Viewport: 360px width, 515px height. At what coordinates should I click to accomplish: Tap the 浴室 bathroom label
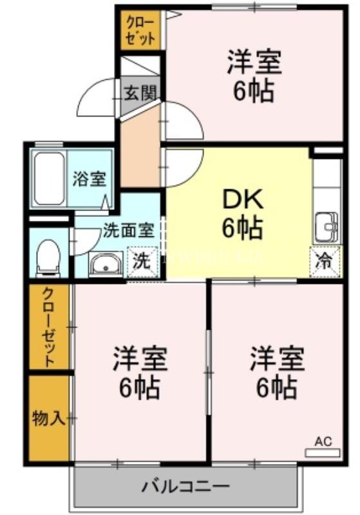(89, 178)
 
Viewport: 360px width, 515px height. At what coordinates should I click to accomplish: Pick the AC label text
(323, 441)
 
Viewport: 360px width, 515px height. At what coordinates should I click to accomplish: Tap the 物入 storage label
(49, 419)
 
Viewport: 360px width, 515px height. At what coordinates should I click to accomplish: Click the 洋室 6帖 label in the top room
(253, 76)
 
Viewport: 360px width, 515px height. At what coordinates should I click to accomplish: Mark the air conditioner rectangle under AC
(322, 453)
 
